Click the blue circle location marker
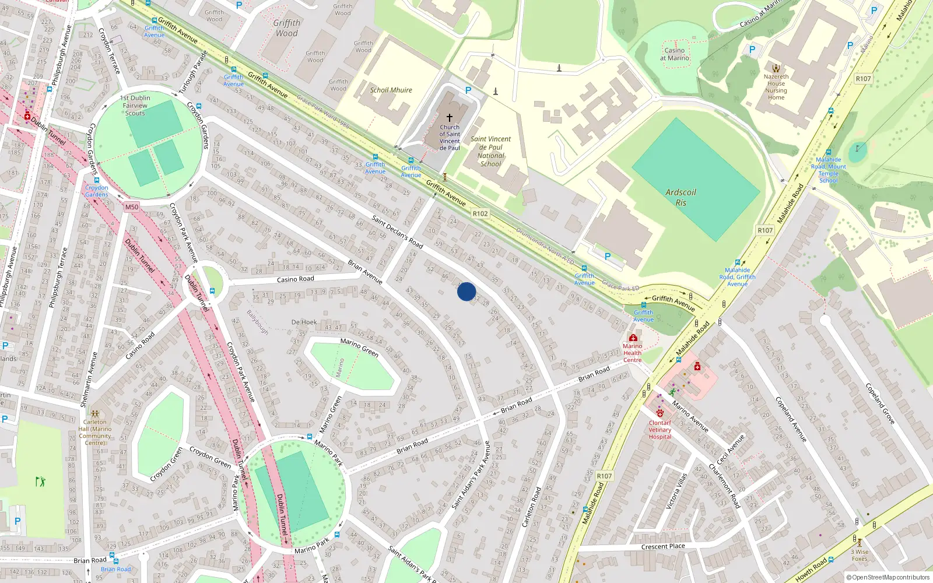pos(466,291)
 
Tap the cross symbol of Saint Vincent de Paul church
pos(450,118)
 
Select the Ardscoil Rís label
pos(681,198)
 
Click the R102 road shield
pos(480,214)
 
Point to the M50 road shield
pos(132,207)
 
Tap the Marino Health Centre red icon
pos(633,338)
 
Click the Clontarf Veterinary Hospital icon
pos(660,413)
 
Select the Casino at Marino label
pos(675,54)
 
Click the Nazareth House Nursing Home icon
pos(776,68)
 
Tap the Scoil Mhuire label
pos(391,90)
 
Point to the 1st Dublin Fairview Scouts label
pos(135,106)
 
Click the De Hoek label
pos(304,322)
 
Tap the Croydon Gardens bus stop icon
pos(97,180)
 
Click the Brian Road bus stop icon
pos(111,556)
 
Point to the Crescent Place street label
pos(662,547)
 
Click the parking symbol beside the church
pos(468,90)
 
